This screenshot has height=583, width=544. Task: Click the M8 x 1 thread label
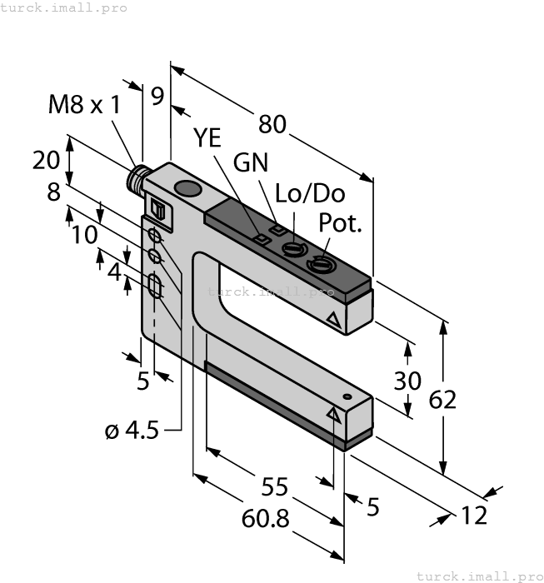(85, 104)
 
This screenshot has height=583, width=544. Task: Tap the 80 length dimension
(272, 123)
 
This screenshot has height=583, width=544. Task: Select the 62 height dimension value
(443, 400)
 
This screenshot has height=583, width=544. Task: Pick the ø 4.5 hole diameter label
(132, 431)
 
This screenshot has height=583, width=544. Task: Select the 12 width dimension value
(473, 516)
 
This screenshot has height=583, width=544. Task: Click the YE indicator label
(208, 138)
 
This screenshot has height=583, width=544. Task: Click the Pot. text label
(341, 223)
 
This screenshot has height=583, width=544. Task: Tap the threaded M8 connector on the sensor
(137, 177)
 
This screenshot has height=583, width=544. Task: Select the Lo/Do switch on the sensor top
(291, 249)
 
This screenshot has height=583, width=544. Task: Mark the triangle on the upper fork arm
(333, 319)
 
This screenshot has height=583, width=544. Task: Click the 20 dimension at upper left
(45, 159)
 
